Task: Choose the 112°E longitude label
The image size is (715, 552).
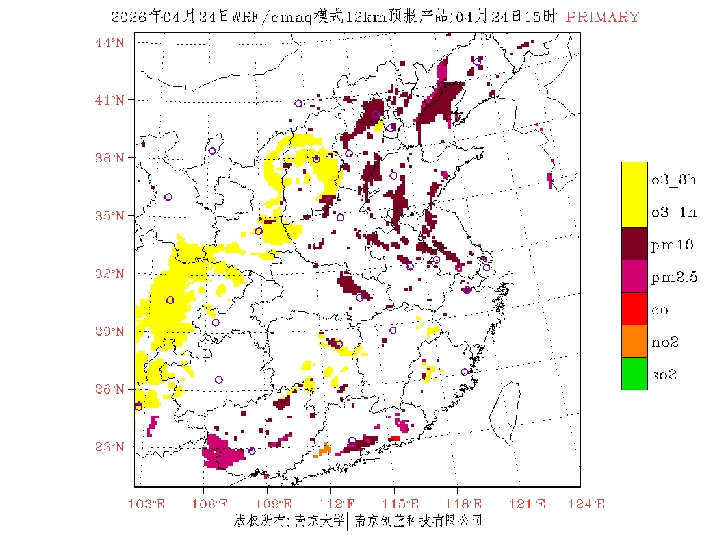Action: (341, 504)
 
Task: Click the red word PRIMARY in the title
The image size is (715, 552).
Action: (603, 18)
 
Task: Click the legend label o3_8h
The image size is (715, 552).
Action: (674, 180)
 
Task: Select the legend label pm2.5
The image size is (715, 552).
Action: (674, 277)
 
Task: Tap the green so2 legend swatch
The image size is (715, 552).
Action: (634, 373)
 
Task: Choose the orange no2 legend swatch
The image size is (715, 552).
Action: (634, 341)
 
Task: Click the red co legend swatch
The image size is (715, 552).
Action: (634, 308)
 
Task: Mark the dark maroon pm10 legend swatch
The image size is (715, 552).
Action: (634, 244)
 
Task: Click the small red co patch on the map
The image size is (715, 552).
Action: (395, 439)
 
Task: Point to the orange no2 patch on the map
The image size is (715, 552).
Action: (325, 449)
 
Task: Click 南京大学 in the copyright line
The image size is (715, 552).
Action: (318, 521)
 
